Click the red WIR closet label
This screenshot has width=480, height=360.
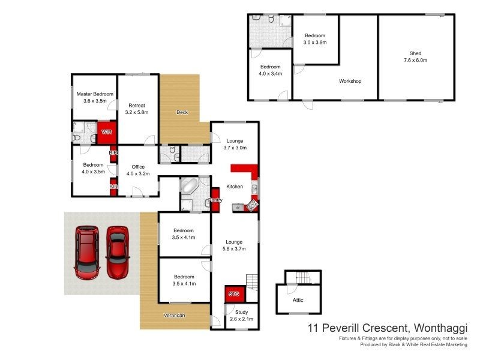pyautogui.click(x=106, y=132)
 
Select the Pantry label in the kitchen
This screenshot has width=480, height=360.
pyautogui.click(x=215, y=200)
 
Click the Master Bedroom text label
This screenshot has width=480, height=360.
pyautogui.click(x=95, y=98)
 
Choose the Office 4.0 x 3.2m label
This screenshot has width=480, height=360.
pyautogui.click(x=137, y=170)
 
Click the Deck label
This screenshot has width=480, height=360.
pyautogui.click(x=183, y=112)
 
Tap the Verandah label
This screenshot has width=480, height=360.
pyautogui.click(x=175, y=316)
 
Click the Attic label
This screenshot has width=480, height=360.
pyautogui.click(x=298, y=299)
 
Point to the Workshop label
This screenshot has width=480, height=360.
pyautogui.click(x=350, y=81)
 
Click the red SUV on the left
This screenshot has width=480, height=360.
pyautogui.click(x=86, y=252)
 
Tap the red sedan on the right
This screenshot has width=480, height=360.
pyautogui.click(x=117, y=251)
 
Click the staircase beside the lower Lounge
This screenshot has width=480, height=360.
pyautogui.click(x=252, y=281)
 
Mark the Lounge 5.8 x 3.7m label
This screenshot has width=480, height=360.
pyautogui.click(x=234, y=245)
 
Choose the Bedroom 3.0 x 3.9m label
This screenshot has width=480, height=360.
pyautogui.click(x=315, y=39)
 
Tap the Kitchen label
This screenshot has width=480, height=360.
pyautogui.click(x=235, y=187)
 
